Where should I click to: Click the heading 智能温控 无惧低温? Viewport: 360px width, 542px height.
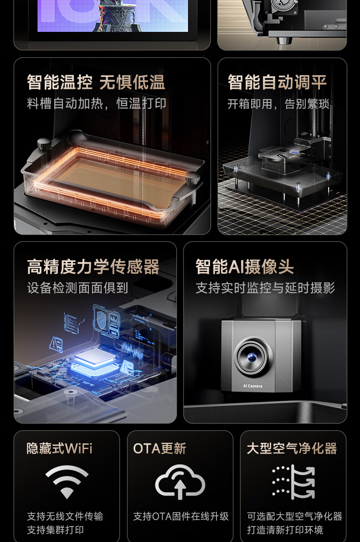pos(96,82)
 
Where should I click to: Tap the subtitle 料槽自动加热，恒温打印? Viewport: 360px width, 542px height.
pos(97,103)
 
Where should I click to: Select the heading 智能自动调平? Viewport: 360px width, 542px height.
pos(277,82)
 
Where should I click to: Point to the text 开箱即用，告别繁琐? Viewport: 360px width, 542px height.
pos(278,104)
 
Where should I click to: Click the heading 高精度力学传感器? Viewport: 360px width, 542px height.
pos(93,266)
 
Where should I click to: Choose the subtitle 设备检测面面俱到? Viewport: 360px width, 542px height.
pos(77,287)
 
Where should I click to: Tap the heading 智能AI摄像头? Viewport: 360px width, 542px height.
pos(245,266)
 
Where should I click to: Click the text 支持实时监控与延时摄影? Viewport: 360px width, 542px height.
pos(265,287)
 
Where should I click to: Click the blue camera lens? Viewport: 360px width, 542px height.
pos(252,357)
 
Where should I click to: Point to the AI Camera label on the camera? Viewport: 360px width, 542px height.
pos(252,386)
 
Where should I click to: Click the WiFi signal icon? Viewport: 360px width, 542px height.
pos(67,481)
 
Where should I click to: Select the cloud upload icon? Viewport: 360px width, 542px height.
pos(180,481)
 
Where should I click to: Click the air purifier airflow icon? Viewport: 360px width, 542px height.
pos(293,481)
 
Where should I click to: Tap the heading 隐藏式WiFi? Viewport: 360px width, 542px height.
pos(60,448)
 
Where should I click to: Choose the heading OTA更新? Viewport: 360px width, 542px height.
pos(160,448)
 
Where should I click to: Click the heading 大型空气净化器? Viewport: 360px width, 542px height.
pos(292,448)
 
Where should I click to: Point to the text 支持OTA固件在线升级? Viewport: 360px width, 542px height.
pos(181,516)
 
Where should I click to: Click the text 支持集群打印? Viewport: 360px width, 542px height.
pos(55,530)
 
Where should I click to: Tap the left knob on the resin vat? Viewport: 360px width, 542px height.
pos(44,143)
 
